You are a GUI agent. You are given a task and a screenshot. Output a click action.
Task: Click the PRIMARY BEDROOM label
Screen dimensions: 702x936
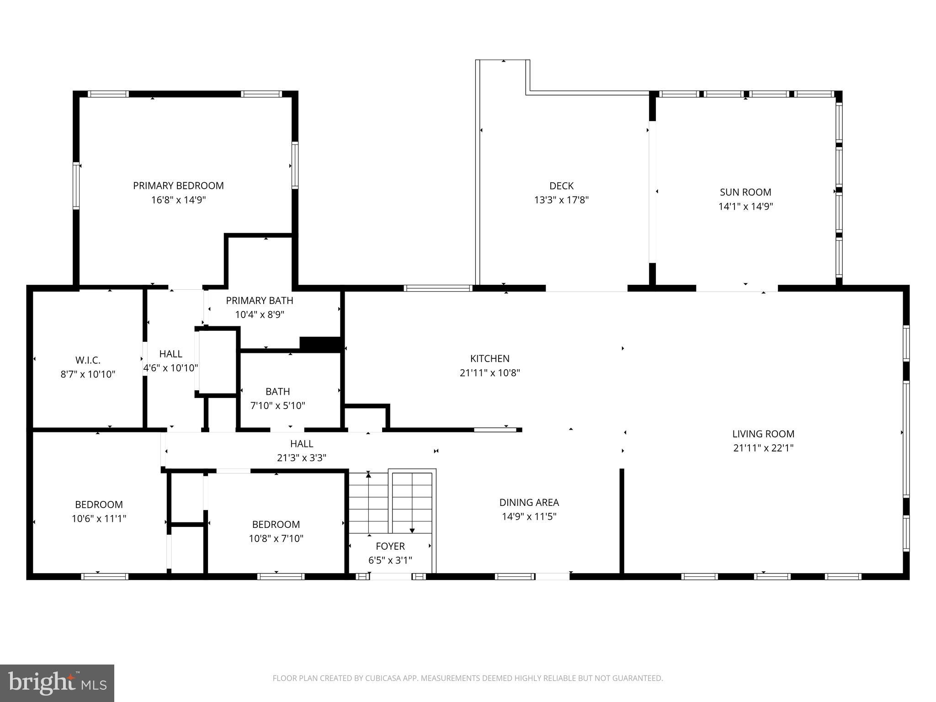click(x=178, y=186)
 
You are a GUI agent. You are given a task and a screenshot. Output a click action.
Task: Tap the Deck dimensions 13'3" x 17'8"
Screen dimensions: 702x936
click(x=561, y=200)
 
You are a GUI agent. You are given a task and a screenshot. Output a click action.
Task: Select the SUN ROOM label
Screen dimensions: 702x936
click(x=745, y=192)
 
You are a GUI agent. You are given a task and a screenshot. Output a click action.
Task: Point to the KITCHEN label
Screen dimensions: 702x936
click(x=489, y=359)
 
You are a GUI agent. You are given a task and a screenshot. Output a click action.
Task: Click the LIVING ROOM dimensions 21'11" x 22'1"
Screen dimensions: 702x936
click(x=763, y=448)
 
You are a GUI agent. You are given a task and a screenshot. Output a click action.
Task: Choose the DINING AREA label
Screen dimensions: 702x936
click(x=529, y=502)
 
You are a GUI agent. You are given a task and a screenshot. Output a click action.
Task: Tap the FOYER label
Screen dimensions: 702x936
click(x=390, y=546)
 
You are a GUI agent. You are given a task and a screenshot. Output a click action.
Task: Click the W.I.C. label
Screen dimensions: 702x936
click(x=88, y=360)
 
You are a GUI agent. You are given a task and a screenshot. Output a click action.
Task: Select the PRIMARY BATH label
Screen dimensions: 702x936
click(x=259, y=300)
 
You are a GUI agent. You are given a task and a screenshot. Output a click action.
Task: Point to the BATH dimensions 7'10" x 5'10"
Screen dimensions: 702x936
click(x=277, y=405)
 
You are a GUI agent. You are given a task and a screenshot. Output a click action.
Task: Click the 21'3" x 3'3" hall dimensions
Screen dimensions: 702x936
click(x=301, y=457)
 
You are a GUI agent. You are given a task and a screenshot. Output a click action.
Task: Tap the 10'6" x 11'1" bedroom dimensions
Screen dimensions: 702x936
click(x=99, y=519)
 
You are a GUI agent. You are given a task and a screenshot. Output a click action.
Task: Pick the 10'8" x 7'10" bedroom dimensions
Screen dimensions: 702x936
click(x=276, y=538)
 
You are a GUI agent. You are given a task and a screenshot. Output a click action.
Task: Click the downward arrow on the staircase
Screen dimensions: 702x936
click(x=412, y=530)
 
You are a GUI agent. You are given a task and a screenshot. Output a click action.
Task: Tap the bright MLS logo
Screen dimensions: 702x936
click(x=57, y=683)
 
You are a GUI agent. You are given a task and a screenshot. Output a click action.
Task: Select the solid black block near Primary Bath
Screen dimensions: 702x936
click(x=320, y=344)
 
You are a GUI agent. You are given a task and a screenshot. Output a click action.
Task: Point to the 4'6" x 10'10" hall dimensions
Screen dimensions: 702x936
click(x=170, y=368)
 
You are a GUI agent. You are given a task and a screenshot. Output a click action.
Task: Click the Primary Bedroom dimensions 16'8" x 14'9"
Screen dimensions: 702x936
click(x=178, y=200)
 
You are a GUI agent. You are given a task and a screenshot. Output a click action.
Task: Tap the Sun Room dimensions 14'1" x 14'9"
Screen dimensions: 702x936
click(x=745, y=206)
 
